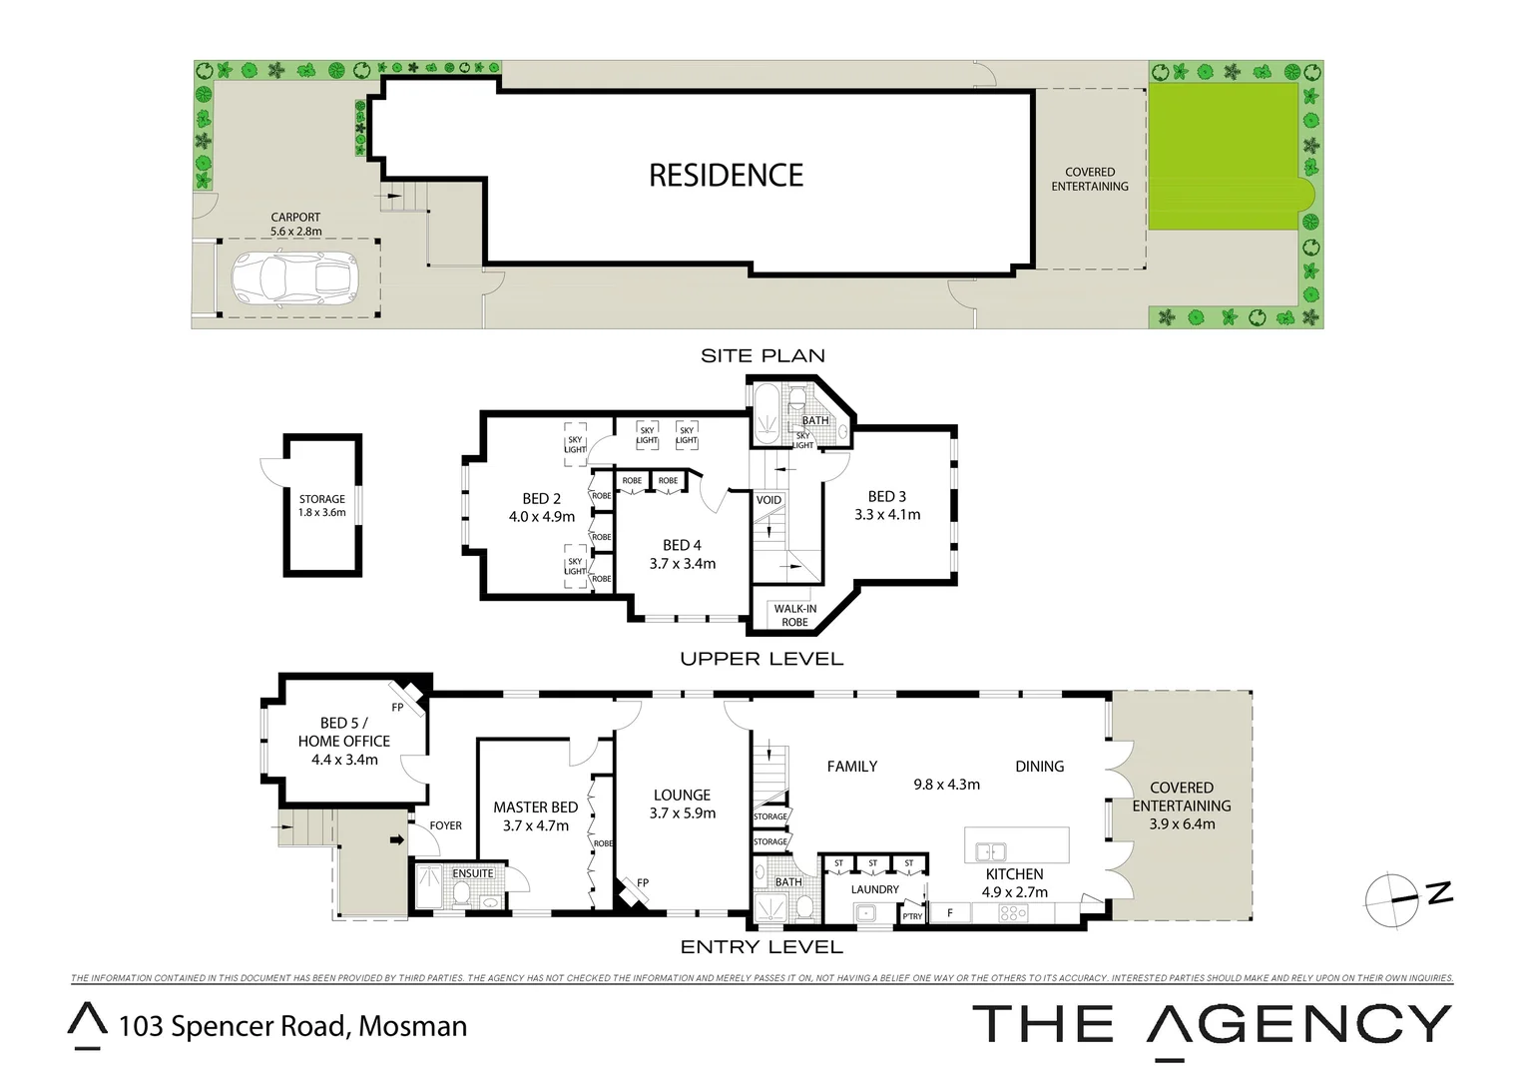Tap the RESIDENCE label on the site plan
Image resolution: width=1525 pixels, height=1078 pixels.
pyautogui.click(x=726, y=176)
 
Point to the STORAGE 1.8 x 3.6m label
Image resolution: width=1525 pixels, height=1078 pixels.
pyautogui.click(x=321, y=506)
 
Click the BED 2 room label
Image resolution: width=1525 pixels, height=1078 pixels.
pyautogui.click(x=541, y=507)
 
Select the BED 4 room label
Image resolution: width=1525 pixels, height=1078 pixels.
pyautogui.click(x=682, y=554)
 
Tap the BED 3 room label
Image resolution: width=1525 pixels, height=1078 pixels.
pyautogui.click(x=886, y=505)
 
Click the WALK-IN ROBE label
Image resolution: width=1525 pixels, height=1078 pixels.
pyautogui.click(x=794, y=615)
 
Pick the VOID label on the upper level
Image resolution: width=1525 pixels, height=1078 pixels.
pyautogui.click(x=768, y=500)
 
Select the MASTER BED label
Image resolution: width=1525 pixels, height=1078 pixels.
pyautogui.click(x=535, y=815)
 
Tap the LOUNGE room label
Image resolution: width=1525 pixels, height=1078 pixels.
pyautogui.click(x=682, y=804)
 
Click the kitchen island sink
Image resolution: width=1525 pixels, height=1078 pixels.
pyautogui.click(x=991, y=851)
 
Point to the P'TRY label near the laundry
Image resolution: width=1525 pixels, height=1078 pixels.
pyautogui.click(x=911, y=915)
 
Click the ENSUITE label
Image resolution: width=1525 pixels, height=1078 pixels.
pyautogui.click(x=473, y=873)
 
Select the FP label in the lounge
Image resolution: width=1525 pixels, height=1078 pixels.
pyautogui.click(x=643, y=882)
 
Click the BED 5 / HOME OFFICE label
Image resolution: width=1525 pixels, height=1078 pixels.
pyautogui.click(x=343, y=741)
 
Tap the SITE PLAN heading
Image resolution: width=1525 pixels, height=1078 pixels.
pyautogui.click(x=762, y=355)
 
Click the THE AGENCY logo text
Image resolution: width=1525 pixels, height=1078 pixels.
pyautogui.click(x=1211, y=1026)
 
